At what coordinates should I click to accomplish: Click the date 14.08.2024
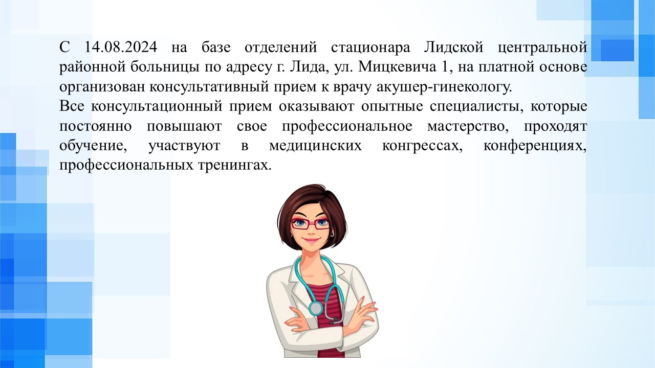(x=121, y=48)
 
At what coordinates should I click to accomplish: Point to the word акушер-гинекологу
(x=445, y=87)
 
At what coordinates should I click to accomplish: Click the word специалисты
(x=476, y=107)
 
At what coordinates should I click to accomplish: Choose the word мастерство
(x=468, y=127)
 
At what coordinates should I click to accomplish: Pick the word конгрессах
(x=422, y=146)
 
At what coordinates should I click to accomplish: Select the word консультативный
(x=209, y=87)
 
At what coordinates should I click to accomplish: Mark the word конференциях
(x=535, y=146)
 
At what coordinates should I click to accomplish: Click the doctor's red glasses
(x=310, y=224)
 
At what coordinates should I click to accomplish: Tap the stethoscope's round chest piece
(x=316, y=308)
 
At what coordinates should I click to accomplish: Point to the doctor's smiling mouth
(x=311, y=241)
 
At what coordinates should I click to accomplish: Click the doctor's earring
(x=333, y=234)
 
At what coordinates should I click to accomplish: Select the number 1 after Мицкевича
(x=444, y=67)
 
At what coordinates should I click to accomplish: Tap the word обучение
(x=93, y=146)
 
